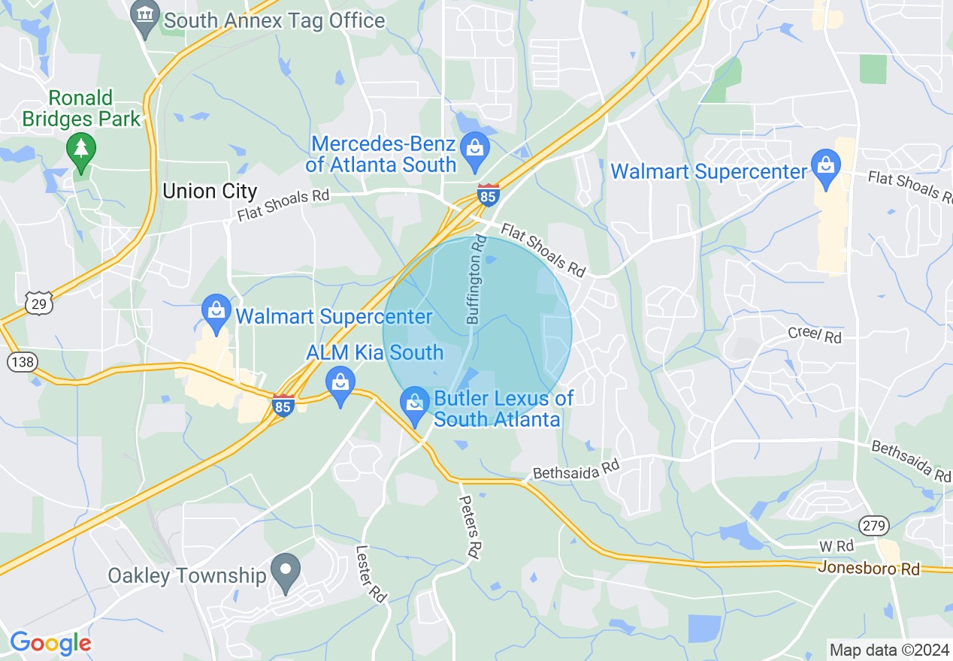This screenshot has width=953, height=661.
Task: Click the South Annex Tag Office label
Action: (x=274, y=20)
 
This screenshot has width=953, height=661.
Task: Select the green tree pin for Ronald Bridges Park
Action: (x=81, y=150)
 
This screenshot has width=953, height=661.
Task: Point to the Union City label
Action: (x=210, y=192)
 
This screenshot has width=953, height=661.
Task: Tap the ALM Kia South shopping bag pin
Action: (x=340, y=385)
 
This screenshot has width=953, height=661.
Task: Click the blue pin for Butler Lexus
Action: (x=415, y=404)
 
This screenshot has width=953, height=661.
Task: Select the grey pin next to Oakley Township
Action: (x=286, y=572)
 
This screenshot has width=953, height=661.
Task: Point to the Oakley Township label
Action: (x=187, y=576)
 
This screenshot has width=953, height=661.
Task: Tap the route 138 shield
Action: (x=22, y=362)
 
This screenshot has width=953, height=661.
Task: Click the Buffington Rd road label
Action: (x=476, y=280)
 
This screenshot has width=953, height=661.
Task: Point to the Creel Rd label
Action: (x=815, y=335)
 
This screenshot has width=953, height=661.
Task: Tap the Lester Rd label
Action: (x=371, y=573)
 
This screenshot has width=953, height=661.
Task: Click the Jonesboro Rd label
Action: (x=868, y=569)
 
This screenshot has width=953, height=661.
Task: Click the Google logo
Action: (x=50, y=643)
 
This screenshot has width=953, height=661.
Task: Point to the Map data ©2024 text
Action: (x=889, y=649)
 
